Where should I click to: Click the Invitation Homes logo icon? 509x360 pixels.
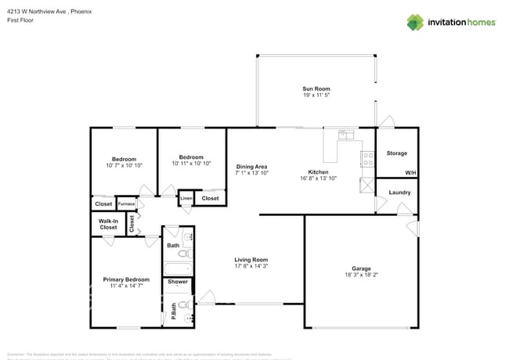point(416,22)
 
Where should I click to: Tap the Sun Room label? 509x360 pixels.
point(316,88)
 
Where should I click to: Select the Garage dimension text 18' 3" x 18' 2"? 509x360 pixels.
point(361,275)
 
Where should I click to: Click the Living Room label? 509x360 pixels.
point(251,260)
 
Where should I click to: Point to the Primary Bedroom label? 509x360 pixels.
point(126,279)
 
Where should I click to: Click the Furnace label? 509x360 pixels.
point(126,204)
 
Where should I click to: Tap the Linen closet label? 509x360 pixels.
point(186,199)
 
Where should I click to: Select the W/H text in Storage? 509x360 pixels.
point(410,173)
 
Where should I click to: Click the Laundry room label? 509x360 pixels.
point(399,192)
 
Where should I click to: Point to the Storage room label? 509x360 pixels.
point(396,153)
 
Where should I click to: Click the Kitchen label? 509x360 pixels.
point(318,172)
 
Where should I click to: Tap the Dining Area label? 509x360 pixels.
point(252,167)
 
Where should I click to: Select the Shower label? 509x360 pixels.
point(178,282)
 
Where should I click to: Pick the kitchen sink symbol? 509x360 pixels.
point(345,135)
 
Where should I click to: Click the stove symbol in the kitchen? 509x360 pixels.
point(366,159)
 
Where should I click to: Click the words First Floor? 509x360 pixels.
point(20,21)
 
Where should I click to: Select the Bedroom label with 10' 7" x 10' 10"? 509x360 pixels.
point(124,159)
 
